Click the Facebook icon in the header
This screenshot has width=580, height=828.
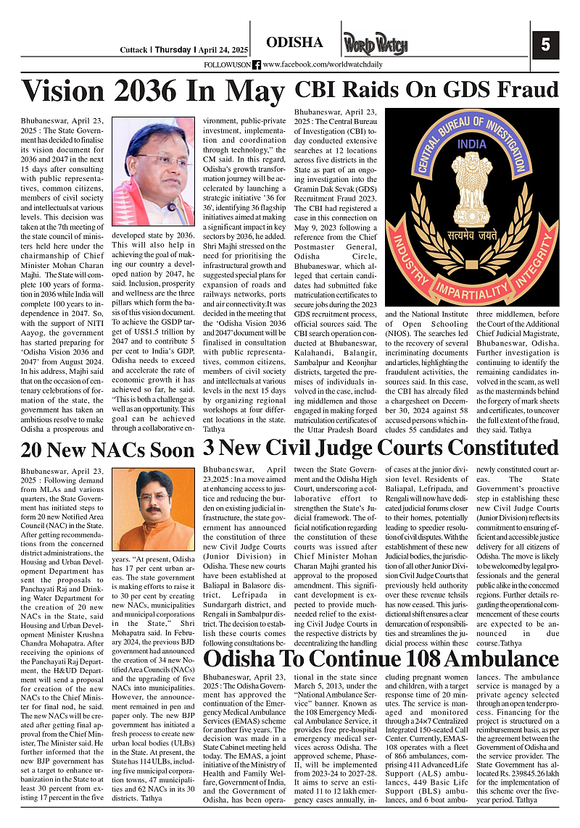[257, 64]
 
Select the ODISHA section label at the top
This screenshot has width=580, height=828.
[294, 43]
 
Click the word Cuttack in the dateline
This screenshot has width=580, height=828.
[134, 50]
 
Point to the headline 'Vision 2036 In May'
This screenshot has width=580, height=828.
[153, 91]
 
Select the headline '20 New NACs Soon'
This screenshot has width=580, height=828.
[107, 451]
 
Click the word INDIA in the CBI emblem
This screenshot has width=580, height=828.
[472, 143]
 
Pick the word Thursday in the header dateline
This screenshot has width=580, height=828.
[174, 50]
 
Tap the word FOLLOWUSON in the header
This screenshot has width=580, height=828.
[228, 65]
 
